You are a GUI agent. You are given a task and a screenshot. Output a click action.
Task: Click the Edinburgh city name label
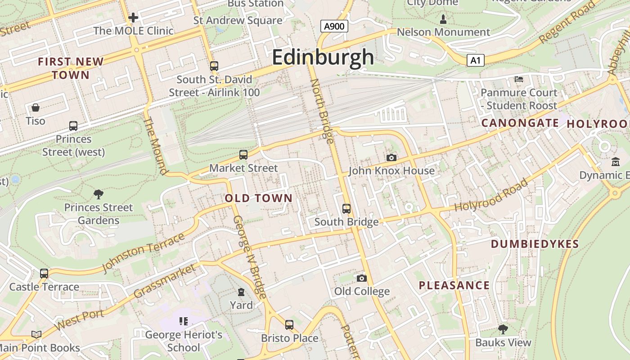pos(323,58)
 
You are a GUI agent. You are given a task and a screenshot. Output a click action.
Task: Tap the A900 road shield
pos(334,27)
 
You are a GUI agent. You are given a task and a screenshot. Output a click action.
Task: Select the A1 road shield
pos(475,60)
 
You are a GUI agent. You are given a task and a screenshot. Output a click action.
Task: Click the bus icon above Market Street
pos(243,155)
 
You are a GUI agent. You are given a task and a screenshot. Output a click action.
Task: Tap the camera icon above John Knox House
pos(391,157)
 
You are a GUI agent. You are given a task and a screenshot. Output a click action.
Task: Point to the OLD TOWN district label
pos(258,198)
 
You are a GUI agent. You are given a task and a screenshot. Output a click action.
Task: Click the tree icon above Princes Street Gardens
pos(99,194)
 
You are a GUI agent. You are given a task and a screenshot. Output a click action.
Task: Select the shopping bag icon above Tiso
pos(36,108)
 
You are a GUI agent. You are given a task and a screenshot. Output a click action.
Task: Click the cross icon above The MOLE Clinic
pos(133,18)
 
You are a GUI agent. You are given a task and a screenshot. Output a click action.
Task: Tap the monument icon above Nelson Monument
pos(443,19)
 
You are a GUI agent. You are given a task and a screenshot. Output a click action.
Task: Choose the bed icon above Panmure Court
pos(519,79)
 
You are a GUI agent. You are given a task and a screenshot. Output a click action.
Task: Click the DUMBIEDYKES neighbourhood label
pos(535,244)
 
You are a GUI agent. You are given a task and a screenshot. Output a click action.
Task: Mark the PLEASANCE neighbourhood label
pos(454,285)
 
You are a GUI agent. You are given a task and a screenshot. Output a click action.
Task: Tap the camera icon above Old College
pos(362,278)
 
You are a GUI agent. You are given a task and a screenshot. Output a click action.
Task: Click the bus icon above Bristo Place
pos(289,324)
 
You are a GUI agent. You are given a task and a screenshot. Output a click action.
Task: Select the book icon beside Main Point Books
pos(36,334)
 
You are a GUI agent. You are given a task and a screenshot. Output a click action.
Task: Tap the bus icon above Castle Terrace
pos(44,274)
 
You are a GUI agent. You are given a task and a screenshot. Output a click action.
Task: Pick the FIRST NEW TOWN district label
pos(71,68)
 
